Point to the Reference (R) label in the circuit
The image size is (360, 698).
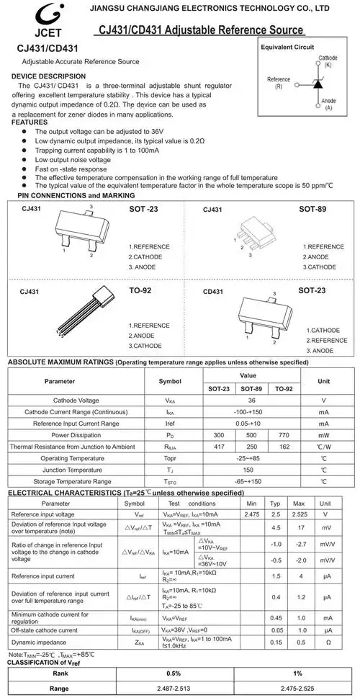pos(279,82)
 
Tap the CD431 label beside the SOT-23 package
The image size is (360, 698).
pos(213,292)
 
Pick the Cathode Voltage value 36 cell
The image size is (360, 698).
pos(251,400)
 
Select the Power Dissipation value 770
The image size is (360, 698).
pos(283,435)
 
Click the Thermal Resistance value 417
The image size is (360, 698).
pos(219,447)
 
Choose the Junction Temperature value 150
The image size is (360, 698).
pos(251,470)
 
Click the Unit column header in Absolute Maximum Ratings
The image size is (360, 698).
pos(324,382)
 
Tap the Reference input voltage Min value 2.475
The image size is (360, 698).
pos(251,515)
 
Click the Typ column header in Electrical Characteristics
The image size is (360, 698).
pos(275,504)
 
